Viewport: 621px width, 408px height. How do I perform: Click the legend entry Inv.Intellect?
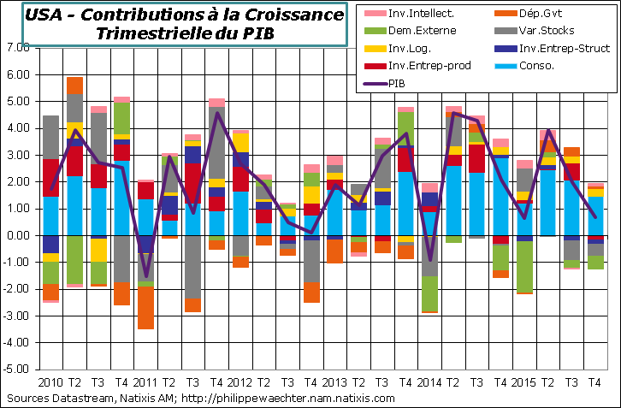point(410,12)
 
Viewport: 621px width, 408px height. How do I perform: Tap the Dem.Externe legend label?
point(410,30)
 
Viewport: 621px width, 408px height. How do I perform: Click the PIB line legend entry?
point(393,83)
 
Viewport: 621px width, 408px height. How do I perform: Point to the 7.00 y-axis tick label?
point(17,48)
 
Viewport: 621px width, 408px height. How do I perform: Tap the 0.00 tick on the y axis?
point(17,236)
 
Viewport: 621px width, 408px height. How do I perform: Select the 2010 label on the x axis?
point(50,382)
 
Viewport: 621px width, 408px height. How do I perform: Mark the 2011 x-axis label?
point(145,382)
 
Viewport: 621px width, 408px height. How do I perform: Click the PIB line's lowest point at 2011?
point(145,277)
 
